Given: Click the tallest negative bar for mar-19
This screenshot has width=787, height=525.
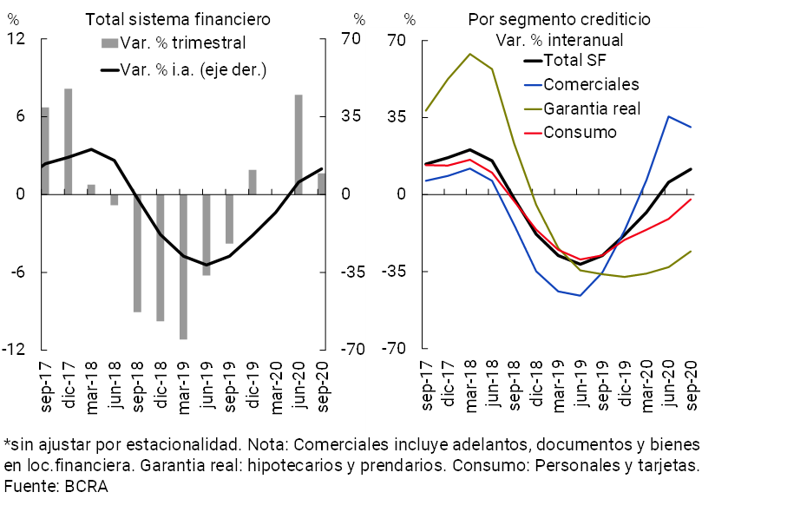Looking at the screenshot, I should (x=183, y=266).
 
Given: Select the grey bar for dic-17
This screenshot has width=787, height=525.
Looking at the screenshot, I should (x=68, y=141).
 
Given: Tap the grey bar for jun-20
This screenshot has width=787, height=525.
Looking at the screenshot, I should (x=298, y=144).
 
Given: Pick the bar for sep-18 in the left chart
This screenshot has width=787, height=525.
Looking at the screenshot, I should (x=137, y=253).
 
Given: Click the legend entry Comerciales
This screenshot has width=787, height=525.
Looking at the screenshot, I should (x=590, y=84).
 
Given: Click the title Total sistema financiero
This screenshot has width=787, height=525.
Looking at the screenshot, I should (x=177, y=19).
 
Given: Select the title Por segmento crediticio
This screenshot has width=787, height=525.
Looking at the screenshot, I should (x=560, y=19).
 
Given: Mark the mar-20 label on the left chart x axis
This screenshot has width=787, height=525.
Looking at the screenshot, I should (x=276, y=384).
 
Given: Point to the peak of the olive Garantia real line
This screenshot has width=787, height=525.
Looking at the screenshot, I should (x=469, y=54).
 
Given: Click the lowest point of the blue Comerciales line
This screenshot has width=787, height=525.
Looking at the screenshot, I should (x=580, y=295).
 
